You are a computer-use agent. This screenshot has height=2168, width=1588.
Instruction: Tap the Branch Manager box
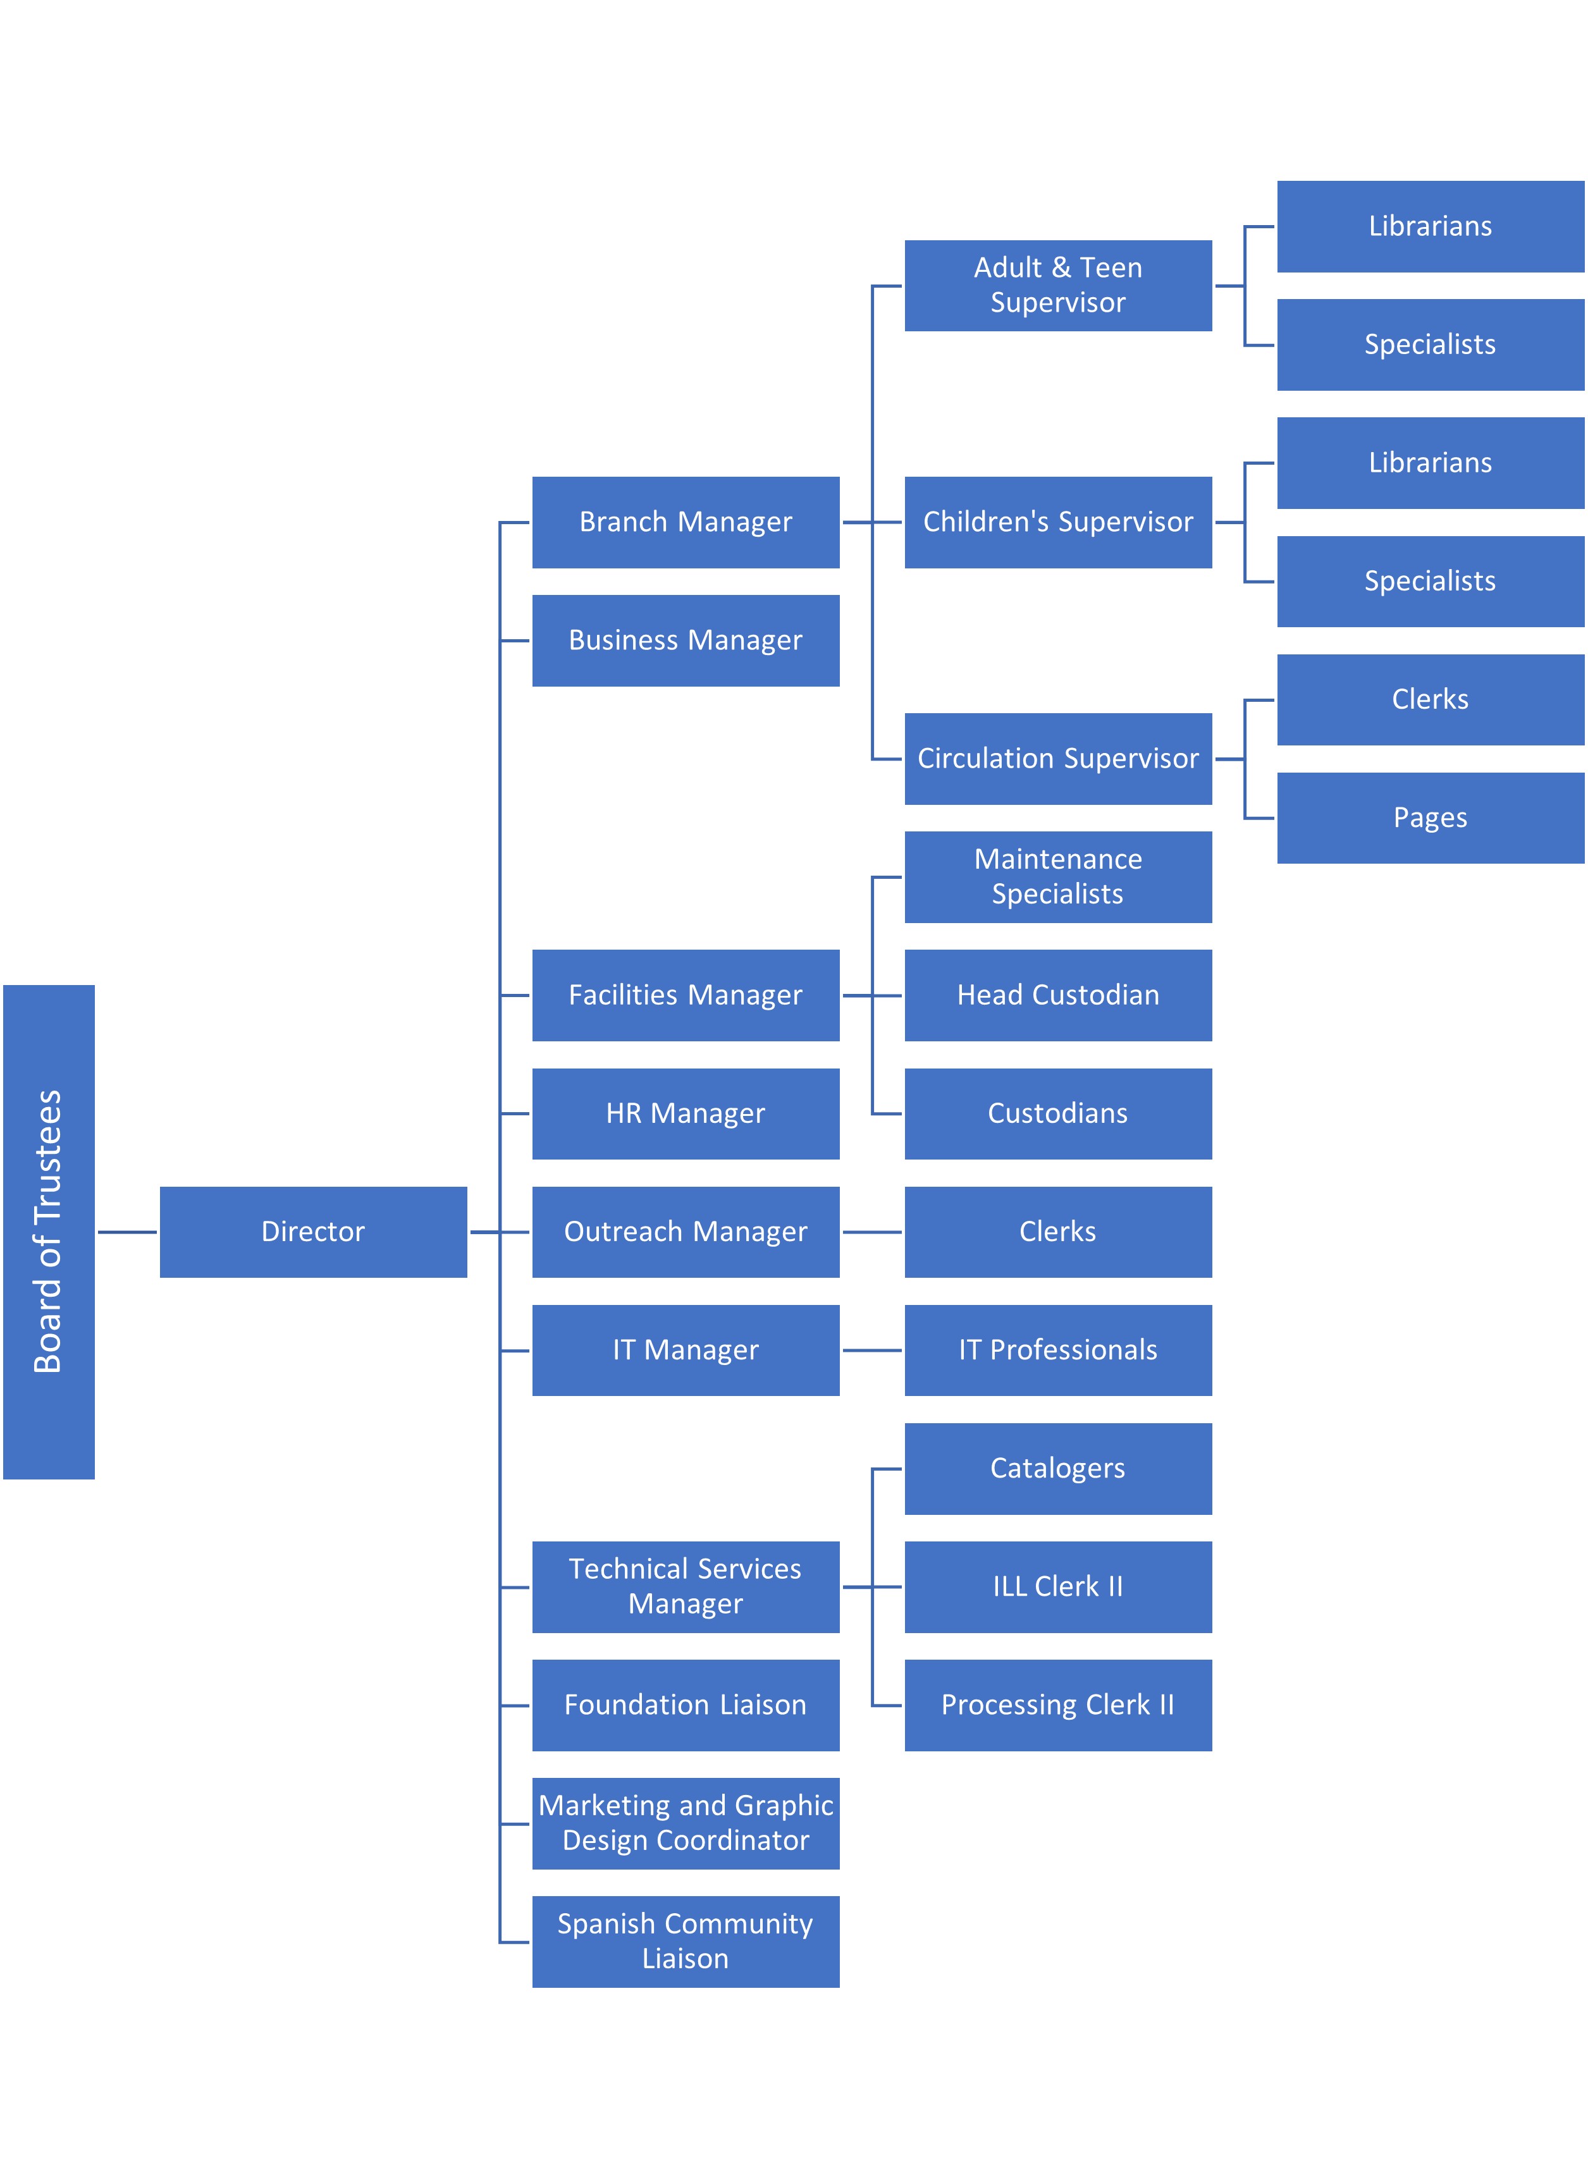click(x=686, y=522)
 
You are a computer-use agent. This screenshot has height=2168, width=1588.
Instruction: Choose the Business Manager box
click(x=686, y=640)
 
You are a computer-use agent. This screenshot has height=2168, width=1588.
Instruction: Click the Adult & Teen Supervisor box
click(x=1057, y=285)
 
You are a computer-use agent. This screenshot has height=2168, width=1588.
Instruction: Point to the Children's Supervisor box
click(x=1057, y=522)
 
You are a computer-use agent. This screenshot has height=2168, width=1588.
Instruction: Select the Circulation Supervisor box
click(x=1057, y=758)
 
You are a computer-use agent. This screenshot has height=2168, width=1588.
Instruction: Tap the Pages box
click(x=1431, y=818)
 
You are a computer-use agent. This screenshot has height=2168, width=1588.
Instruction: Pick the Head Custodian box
click(x=1057, y=995)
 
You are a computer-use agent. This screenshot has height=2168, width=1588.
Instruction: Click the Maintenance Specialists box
click(x=1057, y=876)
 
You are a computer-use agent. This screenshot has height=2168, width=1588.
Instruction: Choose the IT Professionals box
click(x=1057, y=1350)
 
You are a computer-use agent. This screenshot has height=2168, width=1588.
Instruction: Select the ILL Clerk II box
click(x=1057, y=1586)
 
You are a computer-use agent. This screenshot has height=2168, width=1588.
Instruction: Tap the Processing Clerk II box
click(x=1057, y=1705)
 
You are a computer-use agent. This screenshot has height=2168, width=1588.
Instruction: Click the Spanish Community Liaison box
click(x=686, y=1941)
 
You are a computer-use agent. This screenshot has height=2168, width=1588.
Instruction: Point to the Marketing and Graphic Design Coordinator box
click(x=686, y=1823)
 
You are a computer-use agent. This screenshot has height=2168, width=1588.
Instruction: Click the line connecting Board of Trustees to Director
click(x=127, y=1232)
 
